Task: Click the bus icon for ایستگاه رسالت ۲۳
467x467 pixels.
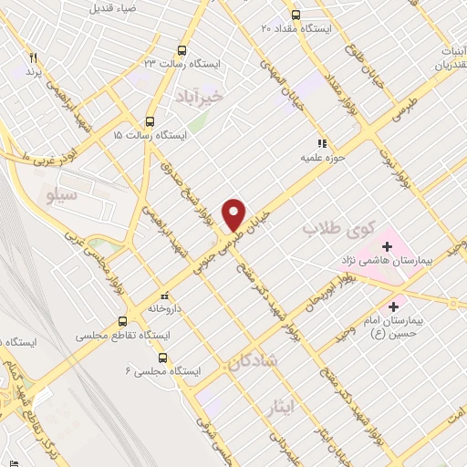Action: coord(182,50)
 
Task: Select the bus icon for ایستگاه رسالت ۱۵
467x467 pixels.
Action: coord(150,120)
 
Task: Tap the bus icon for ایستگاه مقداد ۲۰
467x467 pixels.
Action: coord(295,15)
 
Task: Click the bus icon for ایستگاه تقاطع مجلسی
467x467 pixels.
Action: coord(123,322)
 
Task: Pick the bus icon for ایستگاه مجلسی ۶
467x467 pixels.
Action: coord(164,357)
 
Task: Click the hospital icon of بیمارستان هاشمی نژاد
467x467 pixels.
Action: coord(388,246)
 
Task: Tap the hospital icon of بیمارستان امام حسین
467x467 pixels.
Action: coord(394,306)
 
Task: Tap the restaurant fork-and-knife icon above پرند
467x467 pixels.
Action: coord(34,57)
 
